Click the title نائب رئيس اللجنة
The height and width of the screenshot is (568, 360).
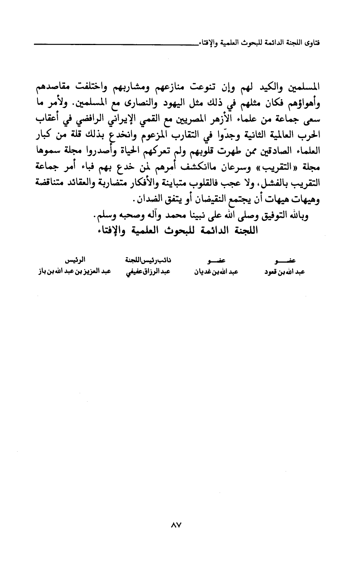coord(143,261)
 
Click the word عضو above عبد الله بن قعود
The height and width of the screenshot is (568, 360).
coord(286,261)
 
